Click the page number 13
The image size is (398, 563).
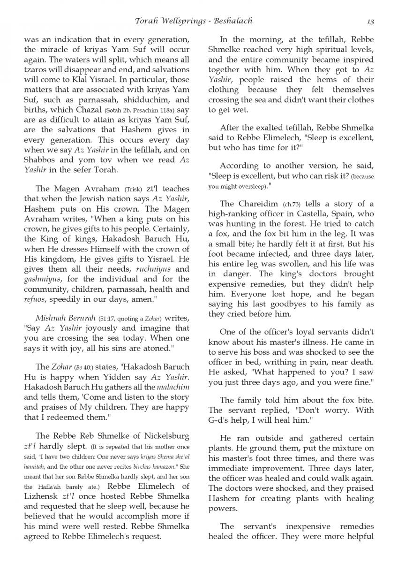pos(369,21)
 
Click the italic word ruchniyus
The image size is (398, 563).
pos(152,270)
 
